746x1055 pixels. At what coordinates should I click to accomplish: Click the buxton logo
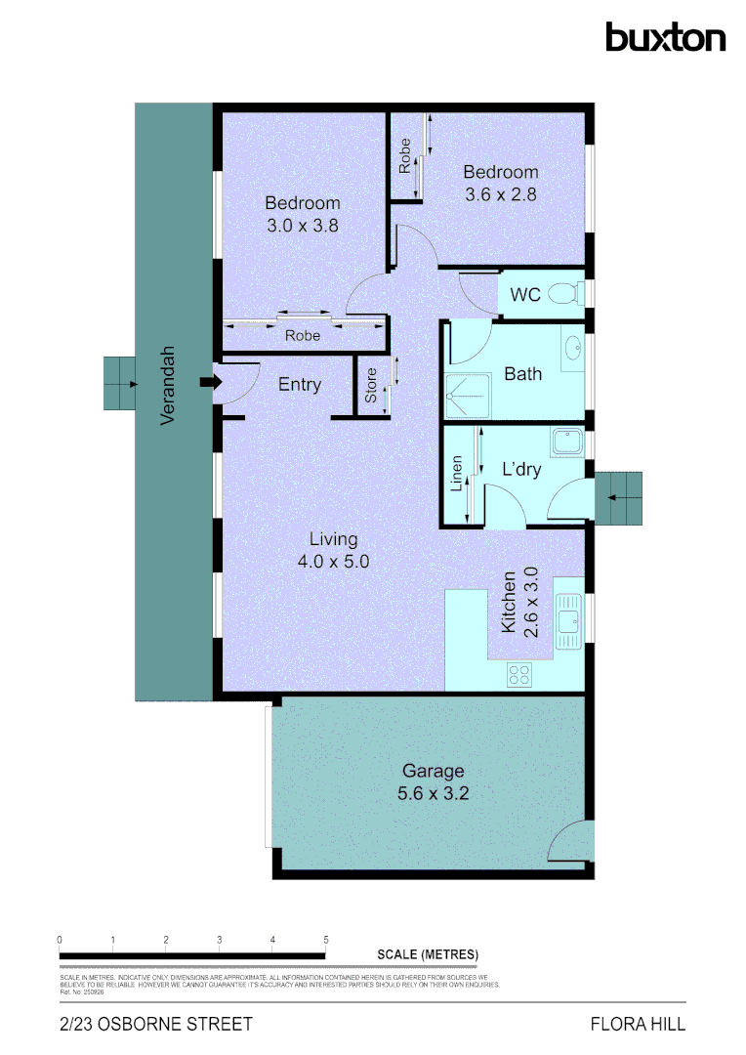coord(665,37)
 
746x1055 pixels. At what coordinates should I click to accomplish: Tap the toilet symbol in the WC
coord(563,293)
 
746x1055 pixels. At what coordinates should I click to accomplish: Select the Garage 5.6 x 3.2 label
coord(434,782)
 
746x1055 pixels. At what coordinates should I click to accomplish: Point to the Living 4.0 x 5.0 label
coord(334,550)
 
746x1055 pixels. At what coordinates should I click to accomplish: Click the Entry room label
coord(300,385)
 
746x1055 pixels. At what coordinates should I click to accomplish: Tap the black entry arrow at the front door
coord(207,383)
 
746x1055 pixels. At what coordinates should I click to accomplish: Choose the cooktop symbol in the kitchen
coord(519,674)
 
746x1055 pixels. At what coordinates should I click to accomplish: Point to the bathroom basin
coord(572,346)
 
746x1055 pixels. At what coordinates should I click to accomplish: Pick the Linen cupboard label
coord(456,475)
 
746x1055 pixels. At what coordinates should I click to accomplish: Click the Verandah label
coord(168,385)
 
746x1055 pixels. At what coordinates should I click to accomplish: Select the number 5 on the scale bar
coord(325,940)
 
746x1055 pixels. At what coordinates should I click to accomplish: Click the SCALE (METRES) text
coord(428,954)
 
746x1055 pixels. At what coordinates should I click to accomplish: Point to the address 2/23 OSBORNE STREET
coord(156,1025)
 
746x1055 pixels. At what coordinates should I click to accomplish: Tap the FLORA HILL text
coord(638,1025)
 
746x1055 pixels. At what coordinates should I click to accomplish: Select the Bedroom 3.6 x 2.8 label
coord(501,183)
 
